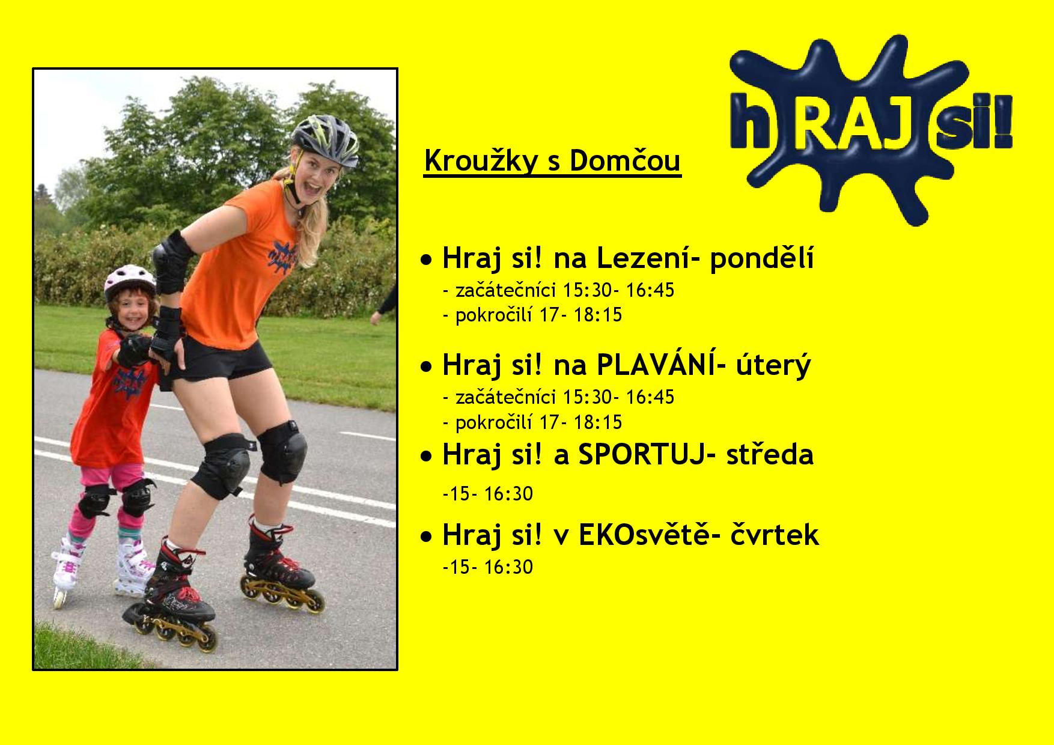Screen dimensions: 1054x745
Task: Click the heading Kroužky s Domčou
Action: click(x=552, y=162)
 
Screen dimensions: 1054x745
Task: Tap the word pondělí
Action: click(x=762, y=259)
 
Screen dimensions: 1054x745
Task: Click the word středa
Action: click(x=770, y=455)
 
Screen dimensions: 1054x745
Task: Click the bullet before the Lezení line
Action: click(x=426, y=261)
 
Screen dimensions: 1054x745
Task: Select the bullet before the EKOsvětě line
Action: click(x=426, y=536)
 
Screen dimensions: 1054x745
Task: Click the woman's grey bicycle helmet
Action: click(x=324, y=141)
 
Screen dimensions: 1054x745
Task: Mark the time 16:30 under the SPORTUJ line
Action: click(x=508, y=494)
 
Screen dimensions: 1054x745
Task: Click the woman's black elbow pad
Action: click(x=171, y=253)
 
